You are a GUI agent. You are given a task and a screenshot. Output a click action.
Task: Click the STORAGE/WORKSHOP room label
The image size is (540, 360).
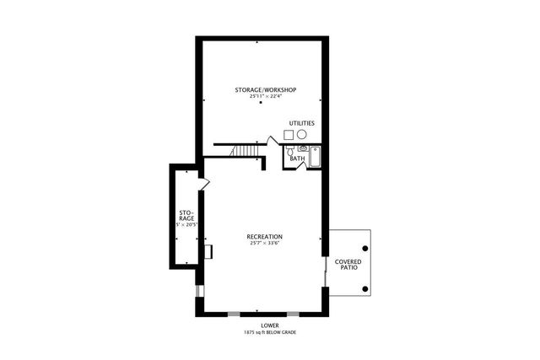tap(265, 89)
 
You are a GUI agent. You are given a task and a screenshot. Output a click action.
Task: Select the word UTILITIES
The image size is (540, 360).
tap(302, 123)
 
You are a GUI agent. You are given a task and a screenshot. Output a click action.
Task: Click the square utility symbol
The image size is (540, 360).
tap(289, 134)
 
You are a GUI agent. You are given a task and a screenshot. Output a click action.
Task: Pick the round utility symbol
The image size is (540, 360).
tap(301, 134)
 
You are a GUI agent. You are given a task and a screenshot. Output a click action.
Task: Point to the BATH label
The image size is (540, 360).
tap(297, 159)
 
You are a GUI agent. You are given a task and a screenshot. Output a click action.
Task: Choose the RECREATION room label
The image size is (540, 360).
tap(265, 237)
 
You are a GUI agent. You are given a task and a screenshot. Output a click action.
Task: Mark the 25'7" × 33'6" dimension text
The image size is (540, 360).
tap(265, 244)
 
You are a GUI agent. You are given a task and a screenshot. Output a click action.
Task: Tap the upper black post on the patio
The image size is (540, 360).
tap(364, 249)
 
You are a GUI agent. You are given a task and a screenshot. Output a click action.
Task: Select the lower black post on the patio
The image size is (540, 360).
tap(364, 289)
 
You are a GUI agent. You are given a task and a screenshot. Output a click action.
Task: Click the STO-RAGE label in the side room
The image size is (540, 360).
tap(186, 215)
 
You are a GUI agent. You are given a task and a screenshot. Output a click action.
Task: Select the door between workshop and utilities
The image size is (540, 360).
tap(273, 140)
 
